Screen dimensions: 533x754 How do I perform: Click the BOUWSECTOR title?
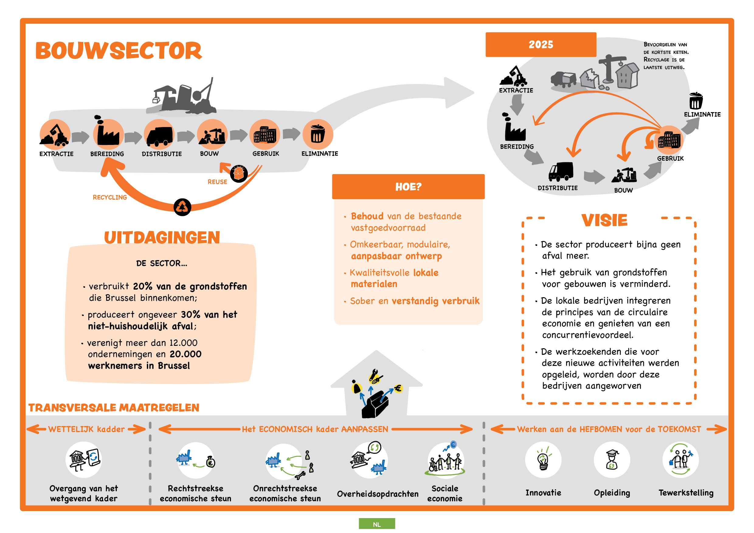[x=119, y=51]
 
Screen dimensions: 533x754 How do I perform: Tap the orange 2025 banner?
[x=541, y=45]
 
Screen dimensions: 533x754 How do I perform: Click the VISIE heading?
[x=604, y=220]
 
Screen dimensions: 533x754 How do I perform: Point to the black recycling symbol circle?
[x=182, y=207]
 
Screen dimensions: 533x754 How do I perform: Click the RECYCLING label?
[x=110, y=197]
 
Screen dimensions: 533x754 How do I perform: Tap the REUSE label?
[x=217, y=182]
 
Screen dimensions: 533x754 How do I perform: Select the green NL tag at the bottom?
[x=377, y=524]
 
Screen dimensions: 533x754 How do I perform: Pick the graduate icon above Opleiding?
[x=611, y=459]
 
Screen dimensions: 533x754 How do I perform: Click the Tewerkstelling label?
[x=686, y=493]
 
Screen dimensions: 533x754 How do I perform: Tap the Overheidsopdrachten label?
[x=378, y=494]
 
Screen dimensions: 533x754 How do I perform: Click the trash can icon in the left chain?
[x=317, y=134]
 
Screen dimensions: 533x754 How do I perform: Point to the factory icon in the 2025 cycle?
[x=514, y=129]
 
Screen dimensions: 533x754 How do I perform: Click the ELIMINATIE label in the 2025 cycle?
[x=702, y=115]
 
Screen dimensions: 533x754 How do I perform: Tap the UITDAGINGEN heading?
[x=162, y=238]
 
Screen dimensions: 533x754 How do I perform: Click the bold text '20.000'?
[x=185, y=354]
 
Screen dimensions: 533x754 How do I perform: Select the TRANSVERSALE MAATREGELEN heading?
[x=114, y=407]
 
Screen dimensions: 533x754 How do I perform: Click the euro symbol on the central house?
[x=398, y=389]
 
